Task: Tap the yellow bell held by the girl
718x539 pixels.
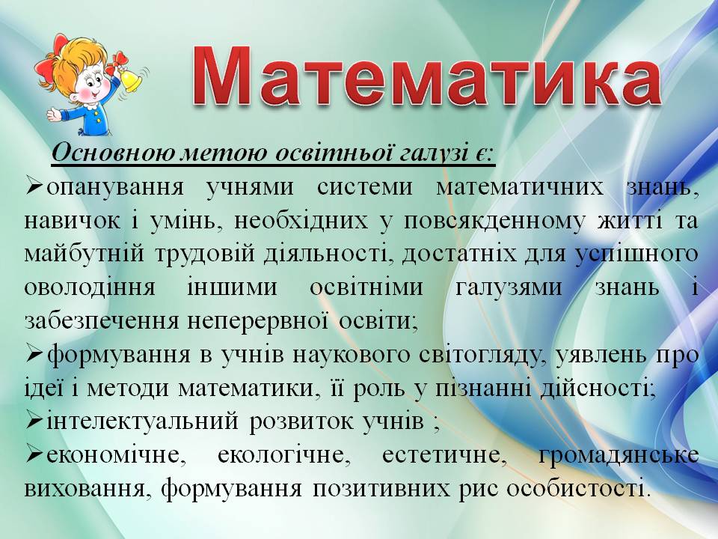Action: [x=129, y=81]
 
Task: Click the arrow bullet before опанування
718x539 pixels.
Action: [x=34, y=187]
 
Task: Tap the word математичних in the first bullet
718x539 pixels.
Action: [x=520, y=188]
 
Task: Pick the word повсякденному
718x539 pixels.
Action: [x=494, y=222]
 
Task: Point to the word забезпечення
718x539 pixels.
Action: [x=101, y=321]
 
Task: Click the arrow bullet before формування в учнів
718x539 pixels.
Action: [x=34, y=356]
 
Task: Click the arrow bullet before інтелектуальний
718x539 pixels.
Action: [x=34, y=421]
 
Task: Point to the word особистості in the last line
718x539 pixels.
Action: [x=577, y=489]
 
